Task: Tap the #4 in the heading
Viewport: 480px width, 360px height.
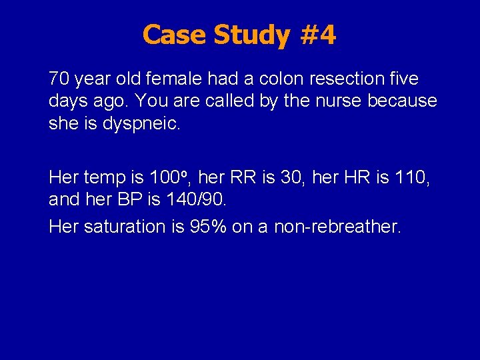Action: click(319, 35)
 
